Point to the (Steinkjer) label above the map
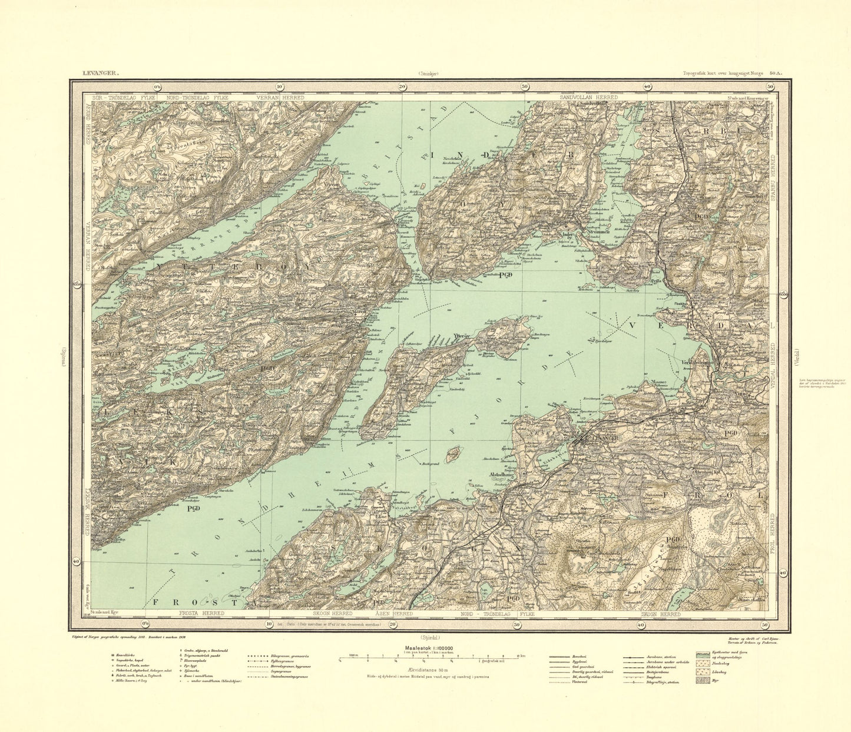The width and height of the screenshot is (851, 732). [x=429, y=74]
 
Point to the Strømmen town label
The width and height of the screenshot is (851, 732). [x=593, y=231]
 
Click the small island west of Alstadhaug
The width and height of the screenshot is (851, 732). [x=453, y=455]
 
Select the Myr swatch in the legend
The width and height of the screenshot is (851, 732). [x=701, y=680]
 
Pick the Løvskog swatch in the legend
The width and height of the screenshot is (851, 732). [x=701, y=671]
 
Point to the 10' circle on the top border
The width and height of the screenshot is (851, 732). [x=279, y=87]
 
